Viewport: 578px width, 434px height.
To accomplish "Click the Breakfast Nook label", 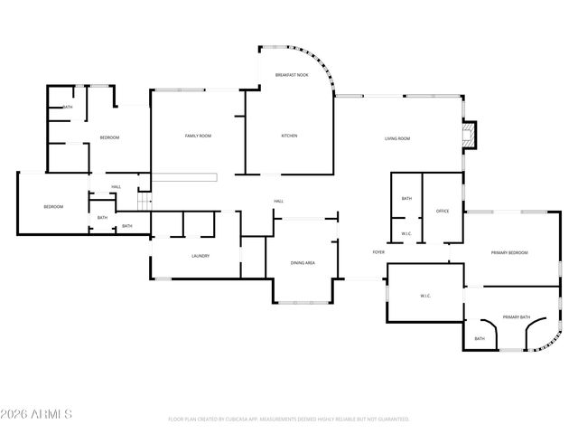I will tap(292, 75).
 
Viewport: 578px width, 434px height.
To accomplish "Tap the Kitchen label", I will tap(289, 137).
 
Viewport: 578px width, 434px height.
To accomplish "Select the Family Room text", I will tap(198, 137).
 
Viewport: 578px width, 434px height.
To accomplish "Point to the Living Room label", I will tap(397, 138).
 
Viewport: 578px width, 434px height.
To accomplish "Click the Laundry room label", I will tap(200, 256).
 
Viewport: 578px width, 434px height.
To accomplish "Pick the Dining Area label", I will tap(303, 263).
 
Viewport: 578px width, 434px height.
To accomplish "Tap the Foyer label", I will tap(378, 252).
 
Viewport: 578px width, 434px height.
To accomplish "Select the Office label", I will tap(443, 211).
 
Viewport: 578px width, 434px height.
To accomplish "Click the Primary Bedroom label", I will tap(509, 252).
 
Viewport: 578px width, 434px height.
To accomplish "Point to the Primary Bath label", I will tap(517, 317).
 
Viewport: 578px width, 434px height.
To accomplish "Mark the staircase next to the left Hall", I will tap(143, 201).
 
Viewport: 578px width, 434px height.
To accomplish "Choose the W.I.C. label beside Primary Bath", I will tap(425, 296).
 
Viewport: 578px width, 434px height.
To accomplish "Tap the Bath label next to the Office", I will tap(406, 199).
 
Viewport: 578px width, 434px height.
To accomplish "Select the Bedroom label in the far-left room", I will tap(53, 207).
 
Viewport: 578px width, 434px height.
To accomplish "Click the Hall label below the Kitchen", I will tap(279, 201).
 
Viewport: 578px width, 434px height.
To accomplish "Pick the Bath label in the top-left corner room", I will tap(68, 108).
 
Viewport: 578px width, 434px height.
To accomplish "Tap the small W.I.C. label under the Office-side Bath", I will tap(406, 232).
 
